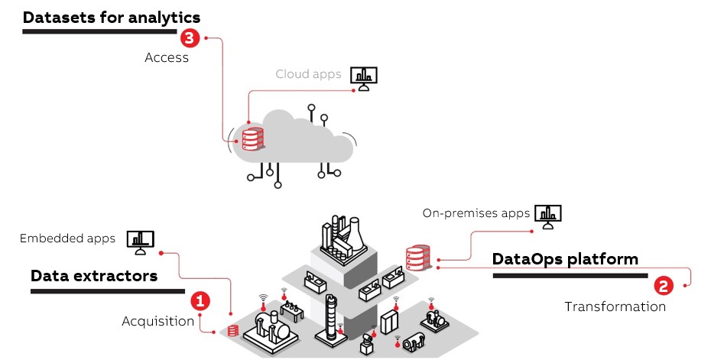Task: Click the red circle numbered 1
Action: point(200,301)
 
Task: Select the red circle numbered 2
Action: point(663,287)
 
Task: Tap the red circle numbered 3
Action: point(188,37)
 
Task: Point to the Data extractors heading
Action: point(94,276)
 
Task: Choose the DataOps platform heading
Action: point(565,259)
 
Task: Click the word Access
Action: point(166,57)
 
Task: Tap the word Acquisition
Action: point(158,321)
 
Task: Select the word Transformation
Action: point(615,306)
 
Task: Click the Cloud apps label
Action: point(308,74)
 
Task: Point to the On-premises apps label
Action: point(476,213)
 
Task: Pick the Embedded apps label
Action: point(68,238)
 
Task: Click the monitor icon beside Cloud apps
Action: point(364,77)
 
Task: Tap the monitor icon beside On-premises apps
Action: point(547,216)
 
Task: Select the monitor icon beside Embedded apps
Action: point(140,242)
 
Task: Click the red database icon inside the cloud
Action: point(252,139)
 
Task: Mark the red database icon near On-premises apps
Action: point(417,258)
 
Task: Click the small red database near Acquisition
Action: point(232,331)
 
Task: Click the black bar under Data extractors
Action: point(107,290)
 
